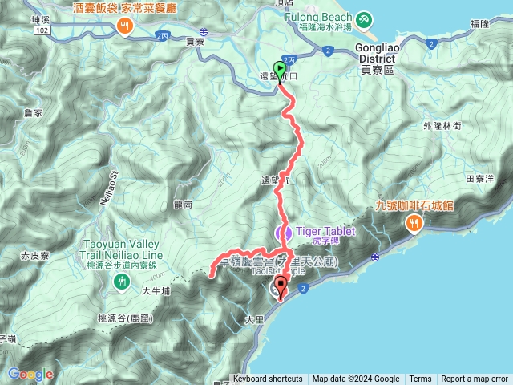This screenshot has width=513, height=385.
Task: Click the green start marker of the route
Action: [280, 68]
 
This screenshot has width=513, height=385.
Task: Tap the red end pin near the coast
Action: [281, 286]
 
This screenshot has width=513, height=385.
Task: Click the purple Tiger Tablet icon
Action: [281, 233]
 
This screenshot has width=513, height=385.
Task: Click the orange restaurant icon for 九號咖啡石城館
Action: [414, 221]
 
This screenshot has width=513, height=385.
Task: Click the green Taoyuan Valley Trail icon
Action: [121, 281]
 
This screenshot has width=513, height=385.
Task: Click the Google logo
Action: [30, 374]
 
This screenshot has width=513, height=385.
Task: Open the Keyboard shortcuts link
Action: [268, 379]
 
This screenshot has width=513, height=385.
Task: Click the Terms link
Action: [420, 379]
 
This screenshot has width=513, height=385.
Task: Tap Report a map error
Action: [475, 379]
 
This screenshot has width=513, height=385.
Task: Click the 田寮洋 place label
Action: [480, 179]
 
